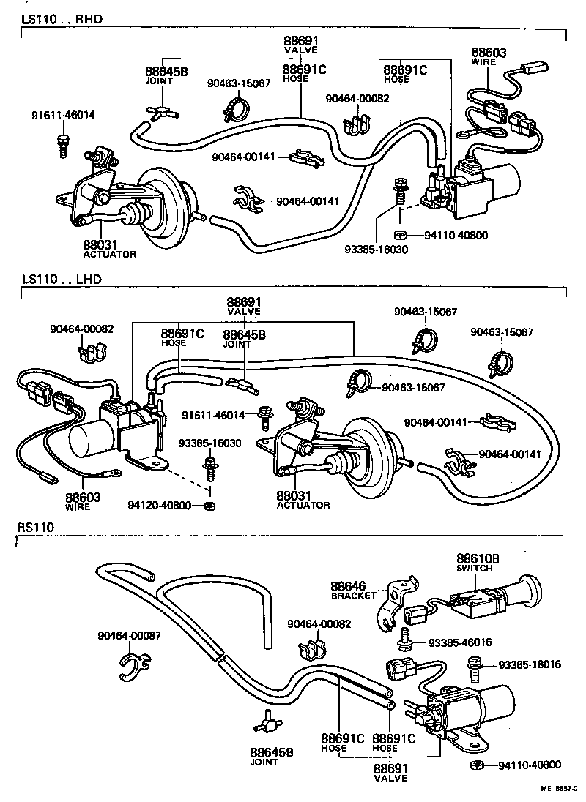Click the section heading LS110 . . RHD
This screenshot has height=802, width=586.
pyautogui.click(x=62, y=18)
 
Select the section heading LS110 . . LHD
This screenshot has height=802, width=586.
pyautogui.click(x=62, y=279)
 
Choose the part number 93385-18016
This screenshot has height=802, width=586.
pyautogui.click(x=530, y=664)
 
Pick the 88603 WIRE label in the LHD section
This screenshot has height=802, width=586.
pyautogui.click(x=83, y=501)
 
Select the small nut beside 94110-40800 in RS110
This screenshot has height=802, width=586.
pyautogui.click(x=475, y=765)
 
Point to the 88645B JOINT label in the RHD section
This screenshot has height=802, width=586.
pyautogui.click(x=166, y=75)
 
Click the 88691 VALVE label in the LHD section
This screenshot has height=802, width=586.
pyautogui.click(x=244, y=305)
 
